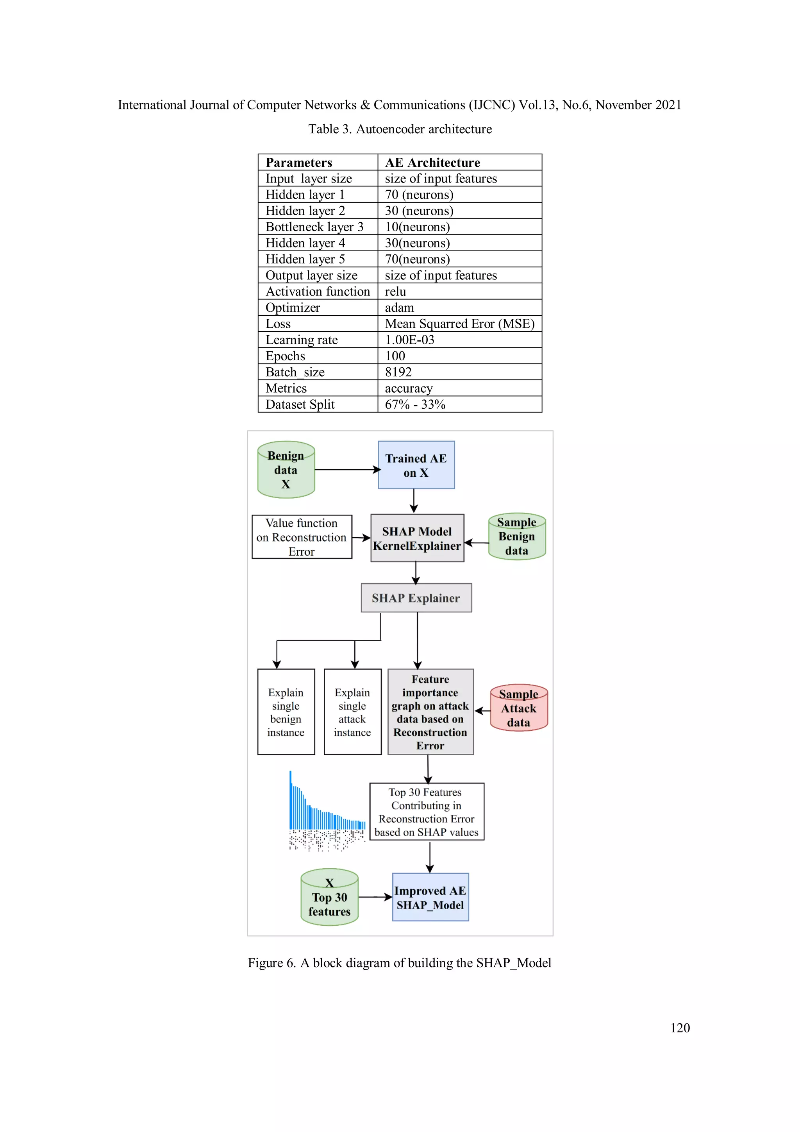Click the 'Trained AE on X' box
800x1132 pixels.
click(x=416, y=465)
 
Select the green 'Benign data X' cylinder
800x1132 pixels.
click(x=286, y=470)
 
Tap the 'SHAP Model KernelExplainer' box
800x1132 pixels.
click(x=417, y=538)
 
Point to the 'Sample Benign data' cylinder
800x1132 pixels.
click(x=516, y=536)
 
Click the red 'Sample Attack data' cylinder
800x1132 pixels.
click(x=518, y=708)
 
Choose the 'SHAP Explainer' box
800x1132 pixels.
click(x=416, y=598)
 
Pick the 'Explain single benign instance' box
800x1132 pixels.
click(x=286, y=712)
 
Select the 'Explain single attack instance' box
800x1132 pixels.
click(x=352, y=712)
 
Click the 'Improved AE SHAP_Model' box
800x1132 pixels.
click(x=430, y=897)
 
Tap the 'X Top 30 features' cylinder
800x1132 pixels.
click(x=329, y=897)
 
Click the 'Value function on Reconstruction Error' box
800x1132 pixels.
click(x=302, y=537)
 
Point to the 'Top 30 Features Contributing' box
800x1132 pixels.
click(x=427, y=812)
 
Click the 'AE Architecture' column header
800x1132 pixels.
click(x=432, y=163)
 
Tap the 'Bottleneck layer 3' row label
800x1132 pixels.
click(x=314, y=227)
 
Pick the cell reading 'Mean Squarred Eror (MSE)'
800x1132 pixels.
click(x=459, y=324)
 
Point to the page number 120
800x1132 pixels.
click(x=680, y=1028)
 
